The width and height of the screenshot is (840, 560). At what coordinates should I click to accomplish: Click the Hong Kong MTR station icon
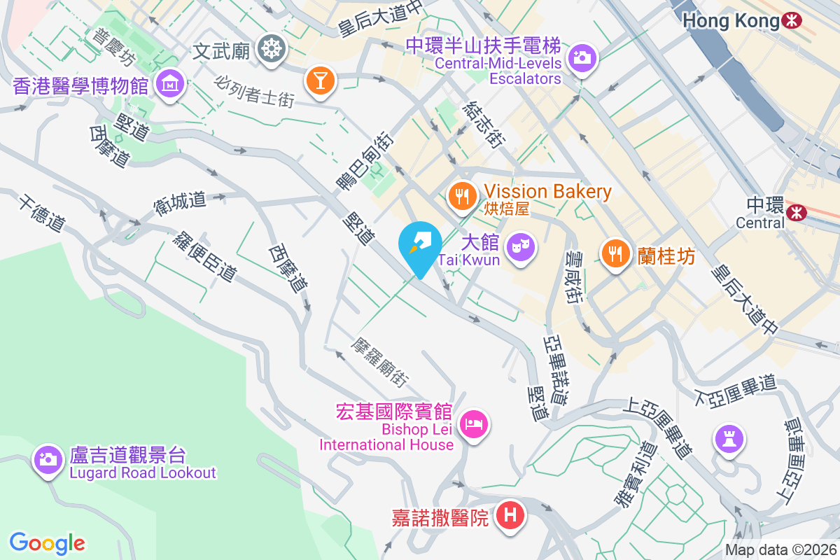click(792, 21)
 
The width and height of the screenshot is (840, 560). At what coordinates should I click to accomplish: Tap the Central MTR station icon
click(795, 211)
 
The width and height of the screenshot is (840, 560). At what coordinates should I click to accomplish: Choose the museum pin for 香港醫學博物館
click(169, 85)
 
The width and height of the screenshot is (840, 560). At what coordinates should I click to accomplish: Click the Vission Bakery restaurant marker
click(461, 195)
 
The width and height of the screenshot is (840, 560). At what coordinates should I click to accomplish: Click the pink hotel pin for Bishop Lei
click(474, 423)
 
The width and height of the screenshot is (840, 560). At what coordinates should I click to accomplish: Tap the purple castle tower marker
click(729, 439)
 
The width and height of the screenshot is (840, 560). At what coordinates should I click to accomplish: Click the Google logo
click(48, 542)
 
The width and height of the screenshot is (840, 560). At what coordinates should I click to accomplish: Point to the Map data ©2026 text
click(780, 550)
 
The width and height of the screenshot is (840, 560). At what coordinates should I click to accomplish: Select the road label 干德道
click(41, 213)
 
